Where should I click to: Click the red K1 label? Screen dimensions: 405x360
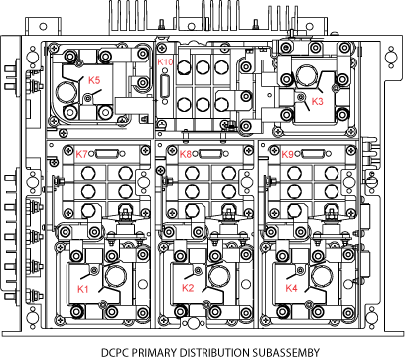tap(83, 289)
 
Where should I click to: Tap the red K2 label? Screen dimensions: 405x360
tap(188, 288)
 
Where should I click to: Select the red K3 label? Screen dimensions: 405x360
tap(317, 101)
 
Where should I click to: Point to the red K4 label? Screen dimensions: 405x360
tap(291, 288)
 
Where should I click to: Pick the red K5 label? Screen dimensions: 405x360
tap(94, 80)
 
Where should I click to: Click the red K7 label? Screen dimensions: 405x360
tap(82, 154)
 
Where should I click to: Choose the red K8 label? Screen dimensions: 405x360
tap(186, 154)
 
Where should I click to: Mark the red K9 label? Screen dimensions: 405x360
tap(287, 154)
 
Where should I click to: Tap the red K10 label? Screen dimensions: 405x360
tap(165, 61)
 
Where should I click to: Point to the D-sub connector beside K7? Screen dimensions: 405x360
tap(107, 154)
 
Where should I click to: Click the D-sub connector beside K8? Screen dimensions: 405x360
tap(210, 154)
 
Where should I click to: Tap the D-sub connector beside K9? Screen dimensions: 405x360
tap(314, 154)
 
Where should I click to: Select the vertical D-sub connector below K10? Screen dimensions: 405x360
tap(165, 87)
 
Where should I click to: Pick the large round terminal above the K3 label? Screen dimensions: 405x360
tap(307, 75)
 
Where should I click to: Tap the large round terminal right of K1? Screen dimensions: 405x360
tap(116, 275)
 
